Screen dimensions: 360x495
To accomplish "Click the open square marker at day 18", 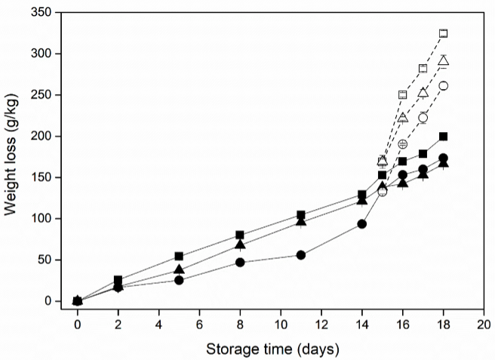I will (x=444, y=33).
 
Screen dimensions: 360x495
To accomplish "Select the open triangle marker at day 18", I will (x=444, y=60).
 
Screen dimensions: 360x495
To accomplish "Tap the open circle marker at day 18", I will (x=444, y=85).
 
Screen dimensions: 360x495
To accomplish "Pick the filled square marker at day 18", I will (x=444, y=137).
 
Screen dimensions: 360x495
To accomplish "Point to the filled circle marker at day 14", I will (x=362, y=223).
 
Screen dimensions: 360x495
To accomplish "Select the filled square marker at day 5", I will (x=179, y=256).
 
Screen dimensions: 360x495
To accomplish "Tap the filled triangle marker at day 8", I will (x=240, y=245).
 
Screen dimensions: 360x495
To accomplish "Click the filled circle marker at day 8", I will (x=240, y=263).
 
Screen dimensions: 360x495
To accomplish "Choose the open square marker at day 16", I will (x=403, y=95).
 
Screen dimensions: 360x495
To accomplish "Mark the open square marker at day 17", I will (x=423, y=69).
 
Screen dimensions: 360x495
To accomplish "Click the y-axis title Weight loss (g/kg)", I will (x=13, y=157).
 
